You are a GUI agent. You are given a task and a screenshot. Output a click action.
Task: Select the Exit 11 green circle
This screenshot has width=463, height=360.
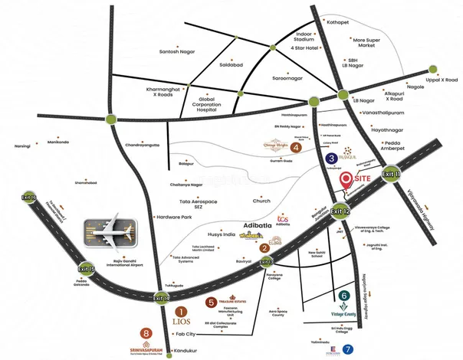[x=392, y=175]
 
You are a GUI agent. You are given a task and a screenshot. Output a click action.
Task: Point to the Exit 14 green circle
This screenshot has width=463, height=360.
[x=160, y=296]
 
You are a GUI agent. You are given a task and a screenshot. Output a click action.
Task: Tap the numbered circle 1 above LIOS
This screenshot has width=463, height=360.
[x=181, y=312]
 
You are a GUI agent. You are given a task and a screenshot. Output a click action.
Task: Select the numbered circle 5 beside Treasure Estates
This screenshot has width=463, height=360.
[x=211, y=302]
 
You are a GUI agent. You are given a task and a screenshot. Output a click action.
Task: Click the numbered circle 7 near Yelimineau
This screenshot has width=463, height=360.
[x=349, y=349]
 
